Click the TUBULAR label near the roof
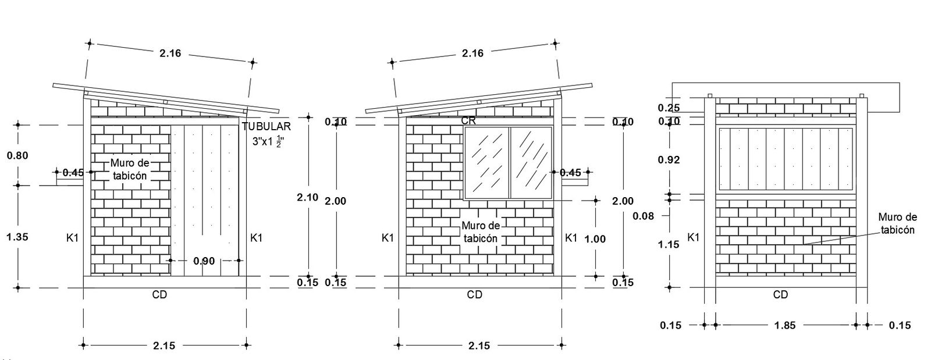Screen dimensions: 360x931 (x=266, y=127)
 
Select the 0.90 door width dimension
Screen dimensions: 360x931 (x=204, y=261)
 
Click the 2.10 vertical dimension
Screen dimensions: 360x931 (x=308, y=197)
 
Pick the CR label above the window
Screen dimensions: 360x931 (x=468, y=121)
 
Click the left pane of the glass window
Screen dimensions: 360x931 (x=486, y=161)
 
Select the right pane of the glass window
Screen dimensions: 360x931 (x=531, y=161)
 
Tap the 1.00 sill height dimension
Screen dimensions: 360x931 (x=595, y=238)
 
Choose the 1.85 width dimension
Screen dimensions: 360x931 (x=786, y=326)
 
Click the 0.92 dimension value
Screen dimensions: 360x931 (x=669, y=159)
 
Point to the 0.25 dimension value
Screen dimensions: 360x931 (x=669, y=108)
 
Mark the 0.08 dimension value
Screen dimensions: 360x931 (x=643, y=216)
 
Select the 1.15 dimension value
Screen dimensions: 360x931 (x=669, y=244)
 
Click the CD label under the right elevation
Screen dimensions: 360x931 (x=780, y=295)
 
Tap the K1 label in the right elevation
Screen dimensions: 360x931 (x=693, y=237)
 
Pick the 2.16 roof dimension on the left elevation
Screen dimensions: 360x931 (x=170, y=54)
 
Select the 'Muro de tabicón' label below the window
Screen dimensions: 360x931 (x=480, y=231)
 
